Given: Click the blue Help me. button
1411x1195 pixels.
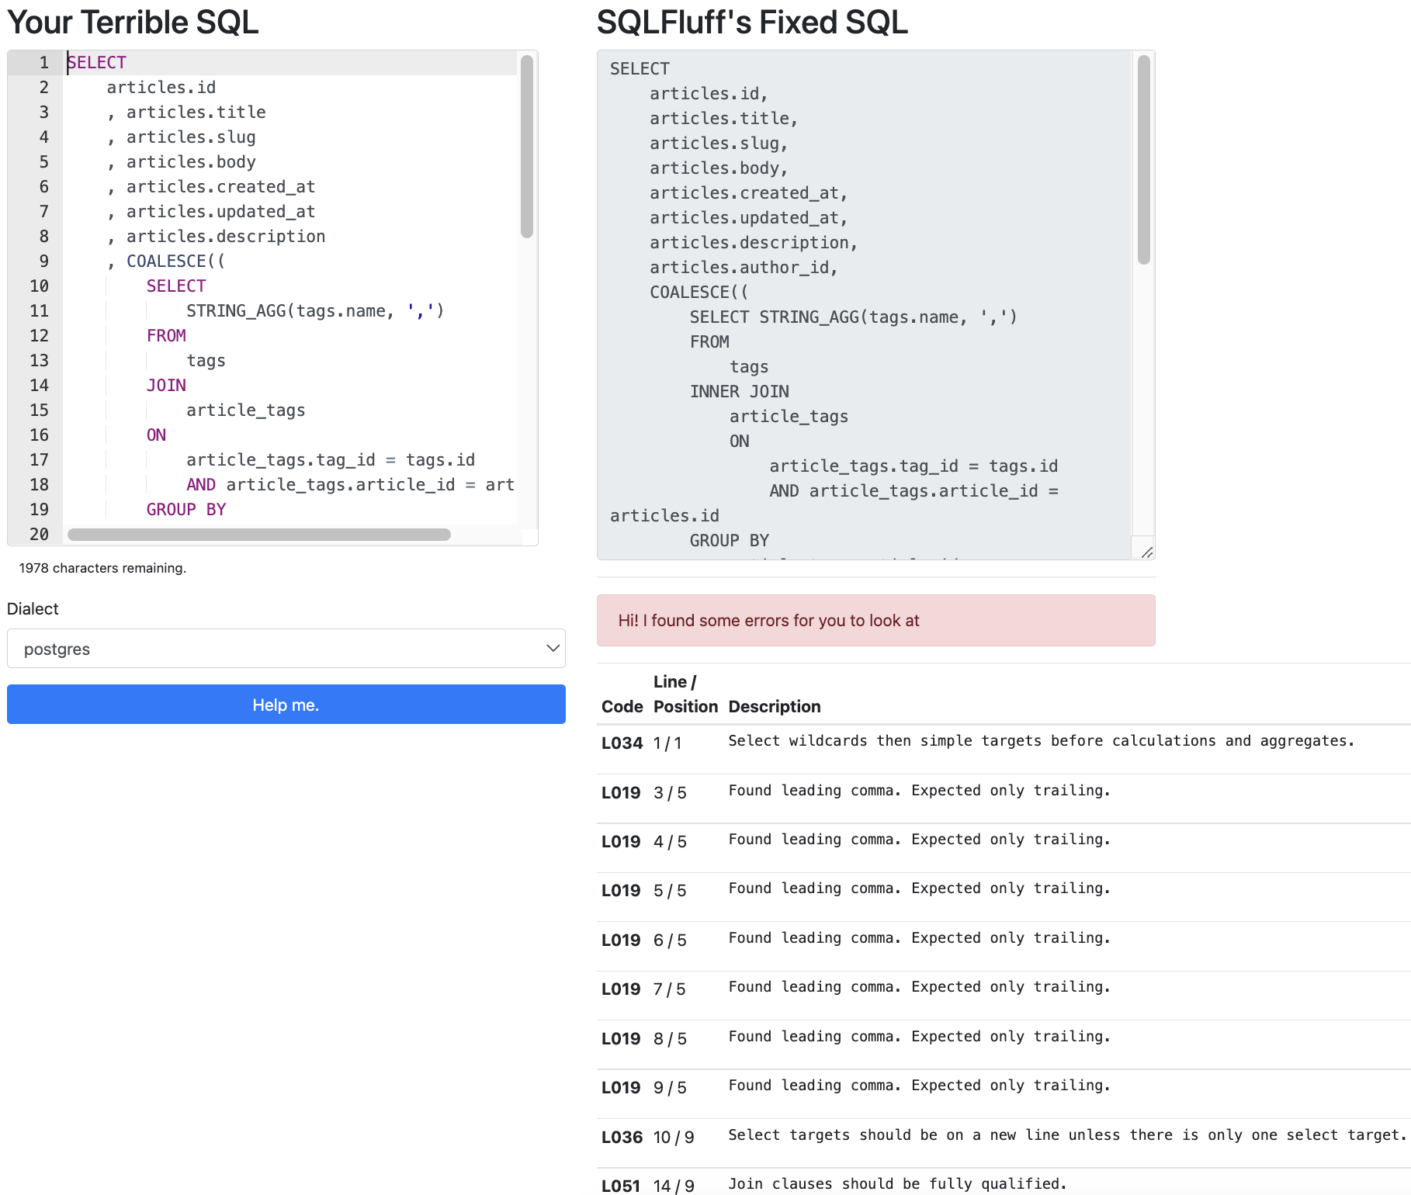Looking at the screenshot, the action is pyautogui.click(x=286, y=705).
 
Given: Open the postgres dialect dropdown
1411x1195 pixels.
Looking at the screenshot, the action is pyautogui.click(x=286, y=649).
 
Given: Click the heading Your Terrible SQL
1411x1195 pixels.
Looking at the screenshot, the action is pyautogui.click(x=133, y=22).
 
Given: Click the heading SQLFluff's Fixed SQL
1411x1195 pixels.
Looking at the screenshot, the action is pyautogui.click(x=751, y=22).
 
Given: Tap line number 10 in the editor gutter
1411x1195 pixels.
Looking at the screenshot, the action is pyautogui.click(x=39, y=286).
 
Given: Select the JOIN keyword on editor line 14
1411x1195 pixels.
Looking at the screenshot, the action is pyautogui.click(x=166, y=386).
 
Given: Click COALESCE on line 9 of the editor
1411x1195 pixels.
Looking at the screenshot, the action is pyautogui.click(x=167, y=262).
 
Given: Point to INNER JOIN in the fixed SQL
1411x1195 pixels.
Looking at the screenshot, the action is pyautogui.click(x=739, y=392).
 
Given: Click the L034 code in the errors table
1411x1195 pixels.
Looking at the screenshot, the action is pyautogui.click(x=622, y=743).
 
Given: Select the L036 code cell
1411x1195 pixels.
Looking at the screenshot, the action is pyautogui.click(x=622, y=1138).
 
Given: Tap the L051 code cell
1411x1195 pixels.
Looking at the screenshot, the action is pyautogui.click(x=621, y=1186).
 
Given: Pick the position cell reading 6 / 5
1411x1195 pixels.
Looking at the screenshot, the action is pyautogui.click(x=670, y=940).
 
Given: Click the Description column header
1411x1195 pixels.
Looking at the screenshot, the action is pyautogui.click(x=774, y=707).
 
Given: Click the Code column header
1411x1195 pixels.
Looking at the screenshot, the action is pyautogui.click(x=622, y=707).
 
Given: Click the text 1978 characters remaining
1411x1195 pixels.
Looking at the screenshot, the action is pyautogui.click(x=102, y=568).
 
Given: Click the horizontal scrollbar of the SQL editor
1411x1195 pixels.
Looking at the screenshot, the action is pyautogui.click(x=258, y=535).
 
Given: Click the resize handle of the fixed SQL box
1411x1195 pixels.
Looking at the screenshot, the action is pyautogui.click(x=1146, y=551).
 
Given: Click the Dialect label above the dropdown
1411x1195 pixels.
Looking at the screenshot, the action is pyautogui.click(x=33, y=609).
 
